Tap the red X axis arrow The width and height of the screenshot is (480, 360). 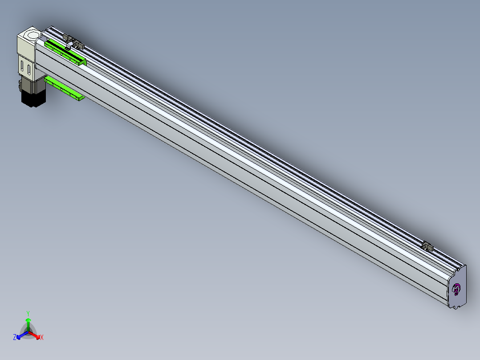tap(34, 335)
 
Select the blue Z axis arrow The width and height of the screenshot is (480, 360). tap(22, 335)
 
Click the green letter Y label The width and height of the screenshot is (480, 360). tap(28, 313)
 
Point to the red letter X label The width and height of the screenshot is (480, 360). tap(42, 337)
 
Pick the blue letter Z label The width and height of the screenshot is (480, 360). tap(15, 337)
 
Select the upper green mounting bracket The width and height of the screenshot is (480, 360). tap(65, 53)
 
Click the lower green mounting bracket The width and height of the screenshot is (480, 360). tap(65, 88)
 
